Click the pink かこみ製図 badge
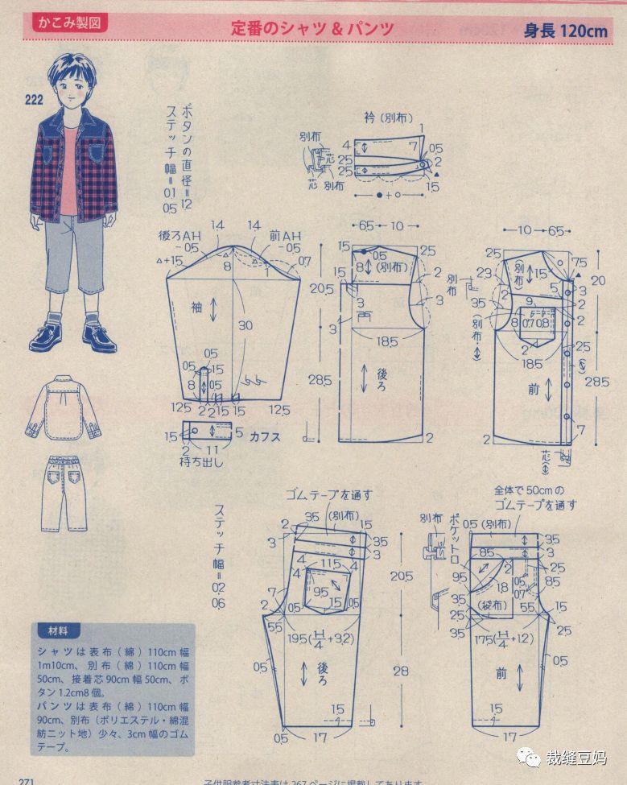click(69, 23)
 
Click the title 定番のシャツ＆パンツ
click(312, 28)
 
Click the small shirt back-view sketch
click(62, 408)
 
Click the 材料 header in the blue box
click(59, 630)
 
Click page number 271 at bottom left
click(19, 780)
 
